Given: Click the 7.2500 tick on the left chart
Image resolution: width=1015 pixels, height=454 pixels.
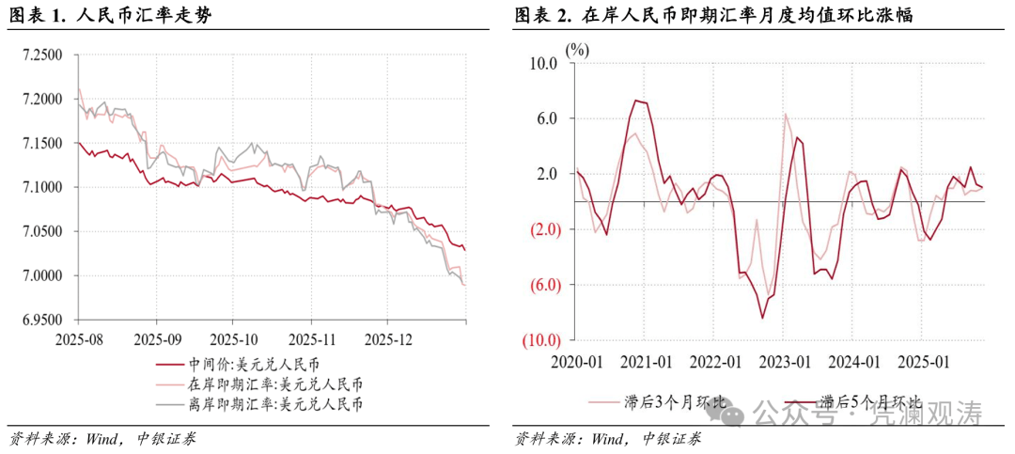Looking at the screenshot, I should [x=42, y=55].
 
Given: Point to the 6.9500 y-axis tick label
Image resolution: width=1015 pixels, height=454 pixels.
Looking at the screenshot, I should [x=42, y=321].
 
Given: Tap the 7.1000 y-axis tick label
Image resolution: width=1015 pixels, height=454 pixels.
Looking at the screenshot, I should [x=42, y=188].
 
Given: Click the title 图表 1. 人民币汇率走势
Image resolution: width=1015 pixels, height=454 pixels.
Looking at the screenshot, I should [x=108, y=17].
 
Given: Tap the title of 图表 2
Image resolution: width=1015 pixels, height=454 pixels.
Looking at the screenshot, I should [x=715, y=17].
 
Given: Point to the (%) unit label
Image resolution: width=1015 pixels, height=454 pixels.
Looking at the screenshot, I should [x=577, y=50].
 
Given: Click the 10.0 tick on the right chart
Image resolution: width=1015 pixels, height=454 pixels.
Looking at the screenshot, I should [x=544, y=64].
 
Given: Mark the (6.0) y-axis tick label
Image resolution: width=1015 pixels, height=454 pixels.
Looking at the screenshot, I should [x=542, y=285].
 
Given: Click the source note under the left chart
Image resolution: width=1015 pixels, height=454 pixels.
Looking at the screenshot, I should [x=103, y=438].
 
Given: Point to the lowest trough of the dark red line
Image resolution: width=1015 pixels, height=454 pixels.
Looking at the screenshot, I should [x=763, y=318].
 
